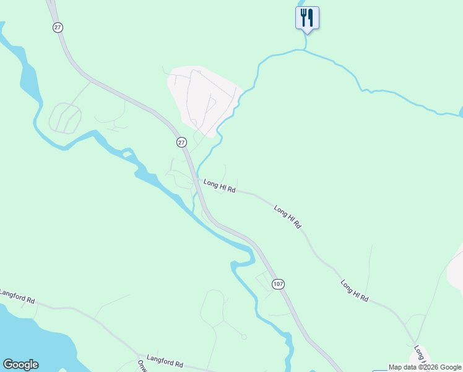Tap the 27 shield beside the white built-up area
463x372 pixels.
coord(181,142)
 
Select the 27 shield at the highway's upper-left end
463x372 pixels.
coord(58,27)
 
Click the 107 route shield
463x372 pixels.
coord(278,284)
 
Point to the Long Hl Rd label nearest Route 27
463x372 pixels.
coord(220,186)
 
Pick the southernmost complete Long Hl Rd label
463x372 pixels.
coord(355,291)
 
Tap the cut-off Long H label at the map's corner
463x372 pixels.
coord(421,355)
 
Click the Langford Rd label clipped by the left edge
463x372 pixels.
coord(17,295)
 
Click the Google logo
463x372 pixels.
coord(20,365)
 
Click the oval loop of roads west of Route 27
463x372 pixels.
coord(65,118)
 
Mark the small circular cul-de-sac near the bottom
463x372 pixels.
coord(244,337)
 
